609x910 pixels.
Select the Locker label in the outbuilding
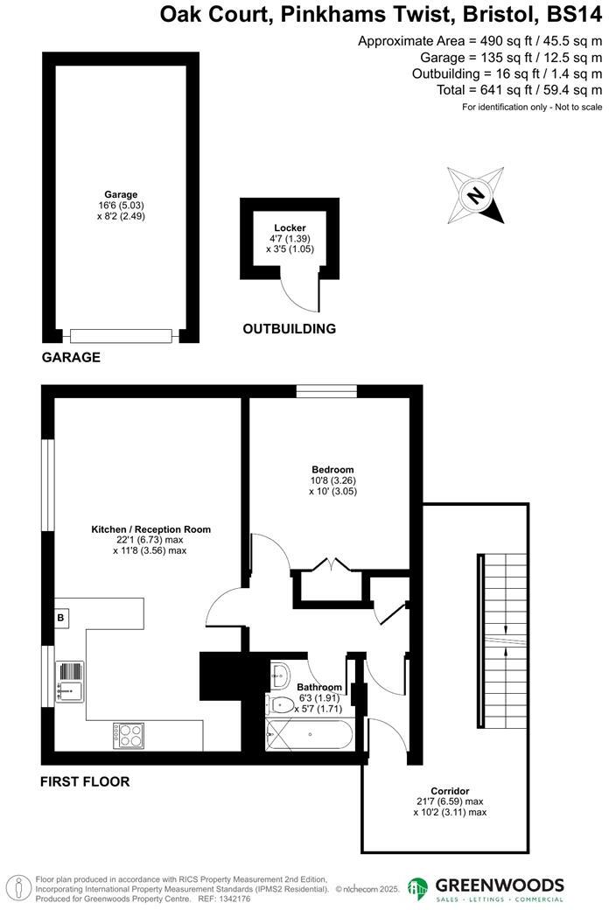290,228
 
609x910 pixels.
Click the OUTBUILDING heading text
289,329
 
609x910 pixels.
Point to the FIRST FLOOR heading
85,781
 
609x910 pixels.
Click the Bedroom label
332,470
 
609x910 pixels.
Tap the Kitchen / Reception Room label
151,529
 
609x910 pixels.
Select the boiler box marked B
61,618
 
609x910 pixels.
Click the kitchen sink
69,681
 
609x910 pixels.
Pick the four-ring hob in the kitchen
128,734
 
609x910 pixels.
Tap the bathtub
308,733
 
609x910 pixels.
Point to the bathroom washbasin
281,675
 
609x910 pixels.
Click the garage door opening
122,336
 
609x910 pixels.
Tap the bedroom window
325,391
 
